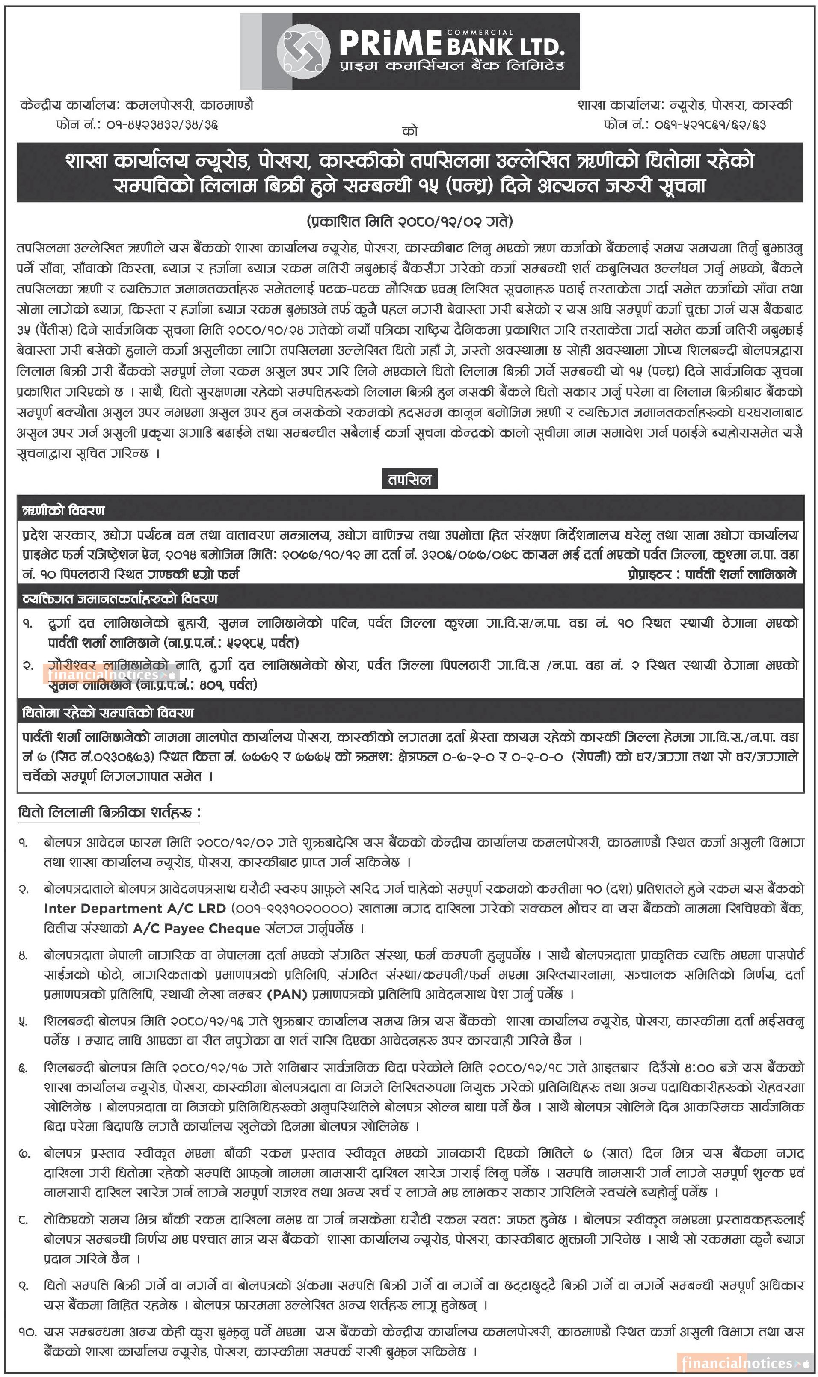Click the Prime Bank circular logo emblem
point(304,51)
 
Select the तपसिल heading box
point(409,480)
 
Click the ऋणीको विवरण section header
point(63,511)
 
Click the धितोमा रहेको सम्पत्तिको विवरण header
point(108,713)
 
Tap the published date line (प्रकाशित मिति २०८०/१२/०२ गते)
point(409,222)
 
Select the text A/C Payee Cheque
point(196,928)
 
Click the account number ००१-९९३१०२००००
point(291,908)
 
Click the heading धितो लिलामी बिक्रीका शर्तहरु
point(109,813)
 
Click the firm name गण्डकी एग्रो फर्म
point(193,574)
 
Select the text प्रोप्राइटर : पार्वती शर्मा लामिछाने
point(711,574)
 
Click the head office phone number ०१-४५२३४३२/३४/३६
point(162,125)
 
